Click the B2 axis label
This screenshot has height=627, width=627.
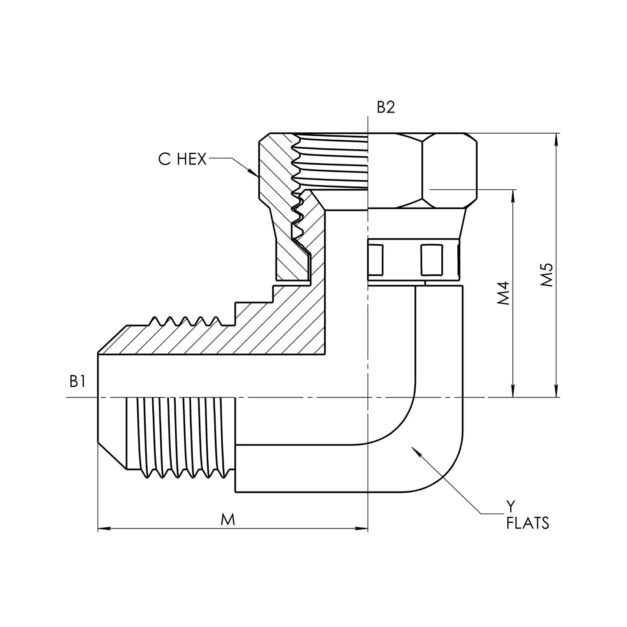[x=385, y=108]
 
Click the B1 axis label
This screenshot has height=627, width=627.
[x=77, y=381]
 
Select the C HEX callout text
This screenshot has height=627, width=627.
[x=182, y=160]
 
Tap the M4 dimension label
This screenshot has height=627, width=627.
[x=503, y=293]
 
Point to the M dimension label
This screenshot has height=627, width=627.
[x=227, y=519]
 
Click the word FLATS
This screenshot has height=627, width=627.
[x=528, y=523]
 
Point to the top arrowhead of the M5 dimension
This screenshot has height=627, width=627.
[x=556, y=138]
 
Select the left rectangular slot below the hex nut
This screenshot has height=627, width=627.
[x=376, y=259]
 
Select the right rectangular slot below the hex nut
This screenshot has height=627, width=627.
[x=432, y=259]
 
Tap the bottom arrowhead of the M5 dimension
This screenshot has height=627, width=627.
[x=556, y=392]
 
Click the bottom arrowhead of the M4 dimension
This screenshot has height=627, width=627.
[x=514, y=392]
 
